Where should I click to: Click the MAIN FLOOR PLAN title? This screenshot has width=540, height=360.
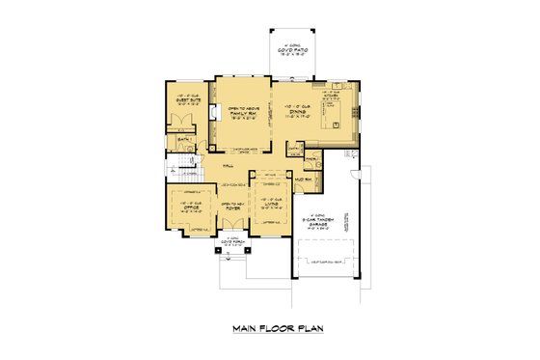point(277,328)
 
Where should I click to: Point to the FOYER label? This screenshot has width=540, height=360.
point(232,207)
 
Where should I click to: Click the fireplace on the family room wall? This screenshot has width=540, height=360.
point(215,113)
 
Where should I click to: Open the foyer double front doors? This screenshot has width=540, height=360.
point(232,234)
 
